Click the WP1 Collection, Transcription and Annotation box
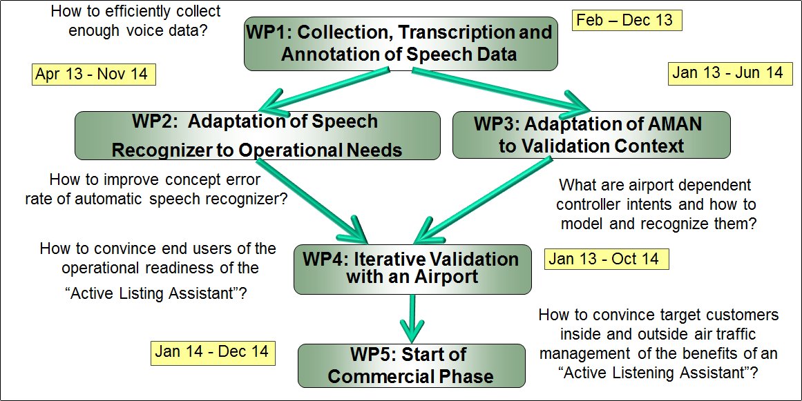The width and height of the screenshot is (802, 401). point(401,43)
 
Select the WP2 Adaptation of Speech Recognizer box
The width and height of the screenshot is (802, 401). point(257,135)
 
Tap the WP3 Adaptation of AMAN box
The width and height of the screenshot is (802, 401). point(591,135)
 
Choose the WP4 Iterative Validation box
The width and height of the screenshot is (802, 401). point(412,268)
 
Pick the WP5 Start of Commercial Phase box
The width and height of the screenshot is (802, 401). point(411,365)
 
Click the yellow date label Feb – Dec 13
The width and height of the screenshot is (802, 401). point(627,21)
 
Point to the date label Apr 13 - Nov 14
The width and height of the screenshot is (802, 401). point(93,75)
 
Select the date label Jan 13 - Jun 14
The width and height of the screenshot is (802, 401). point(730,74)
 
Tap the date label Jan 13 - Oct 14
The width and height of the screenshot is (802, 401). point(606,259)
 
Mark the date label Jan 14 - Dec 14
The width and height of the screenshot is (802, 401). point(213,353)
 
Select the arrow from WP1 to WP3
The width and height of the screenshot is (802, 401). point(502,90)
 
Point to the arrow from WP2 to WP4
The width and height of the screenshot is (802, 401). point(312,201)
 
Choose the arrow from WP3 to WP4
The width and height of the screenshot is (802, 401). point(484,201)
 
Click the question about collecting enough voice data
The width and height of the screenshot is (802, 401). point(136,21)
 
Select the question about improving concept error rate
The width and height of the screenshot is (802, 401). point(155,190)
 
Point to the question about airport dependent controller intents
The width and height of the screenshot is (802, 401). point(656,204)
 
